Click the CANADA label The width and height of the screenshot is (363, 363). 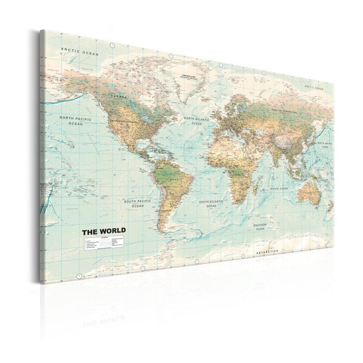tap(115, 96)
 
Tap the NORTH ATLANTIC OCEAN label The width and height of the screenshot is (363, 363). tap(196, 121)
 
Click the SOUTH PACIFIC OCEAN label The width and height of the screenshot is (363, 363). tap(137, 203)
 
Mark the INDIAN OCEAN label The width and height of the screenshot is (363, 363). tap(278, 188)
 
